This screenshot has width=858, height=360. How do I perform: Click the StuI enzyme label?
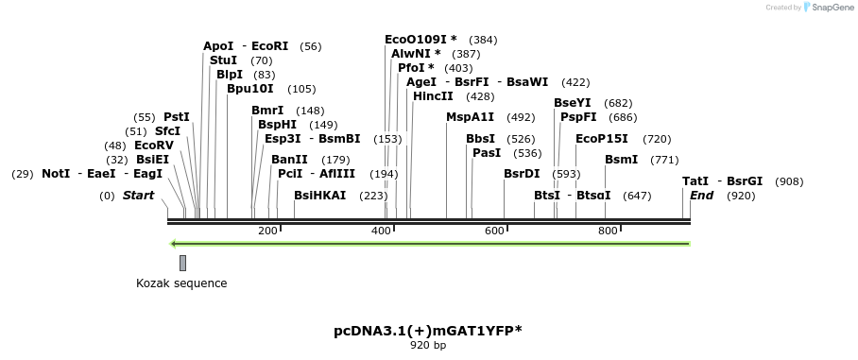click(x=223, y=60)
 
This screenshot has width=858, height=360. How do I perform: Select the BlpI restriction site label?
click(x=229, y=75)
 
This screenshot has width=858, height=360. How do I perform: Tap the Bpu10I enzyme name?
click(x=249, y=89)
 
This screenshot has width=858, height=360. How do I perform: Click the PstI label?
click(x=177, y=117)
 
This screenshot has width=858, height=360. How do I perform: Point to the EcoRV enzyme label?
click(x=154, y=146)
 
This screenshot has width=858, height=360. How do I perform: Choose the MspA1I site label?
click(x=470, y=117)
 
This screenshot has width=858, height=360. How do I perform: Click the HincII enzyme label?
click(x=433, y=96)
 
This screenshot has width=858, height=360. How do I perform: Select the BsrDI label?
click(x=522, y=174)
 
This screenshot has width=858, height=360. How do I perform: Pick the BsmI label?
click(x=621, y=160)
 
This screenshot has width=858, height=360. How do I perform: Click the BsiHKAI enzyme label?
click(x=319, y=196)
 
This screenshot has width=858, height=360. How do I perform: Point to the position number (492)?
click(x=521, y=118)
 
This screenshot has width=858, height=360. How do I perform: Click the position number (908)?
click(x=789, y=181)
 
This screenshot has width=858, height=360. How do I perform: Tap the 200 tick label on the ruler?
click(x=267, y=231)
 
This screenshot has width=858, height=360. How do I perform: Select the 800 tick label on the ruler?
click(x=608, y=231)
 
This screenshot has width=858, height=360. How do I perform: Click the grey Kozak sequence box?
click(x=182, y=263)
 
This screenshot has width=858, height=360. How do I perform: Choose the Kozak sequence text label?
click(x=181, y=283)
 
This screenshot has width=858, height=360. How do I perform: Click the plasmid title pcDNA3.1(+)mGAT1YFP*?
click(x=427, y=331)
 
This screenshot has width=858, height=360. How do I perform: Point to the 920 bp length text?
click(x=428, y=346)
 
